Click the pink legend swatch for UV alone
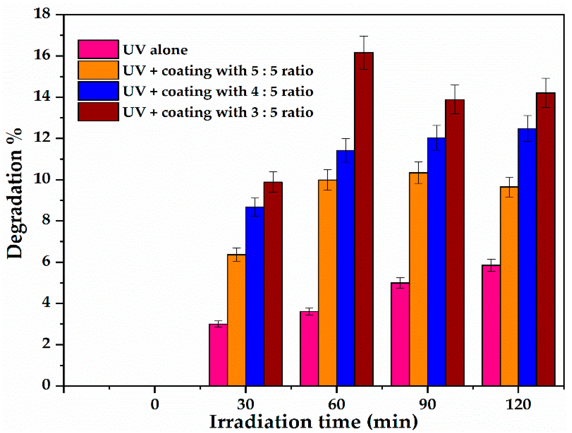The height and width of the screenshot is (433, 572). point(98,49)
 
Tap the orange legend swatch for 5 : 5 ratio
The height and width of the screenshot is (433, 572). point(98,70)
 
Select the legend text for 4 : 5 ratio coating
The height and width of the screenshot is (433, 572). point(218,92)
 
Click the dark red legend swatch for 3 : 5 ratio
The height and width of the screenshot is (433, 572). point(98,112)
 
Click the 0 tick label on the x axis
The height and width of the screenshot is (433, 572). point(155,404)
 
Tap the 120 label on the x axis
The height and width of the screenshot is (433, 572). point(518,404)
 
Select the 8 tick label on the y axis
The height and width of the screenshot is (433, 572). point(46,220)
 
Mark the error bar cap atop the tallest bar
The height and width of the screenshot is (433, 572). point(364,36)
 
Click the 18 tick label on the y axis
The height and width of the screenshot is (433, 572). point(42,13)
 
